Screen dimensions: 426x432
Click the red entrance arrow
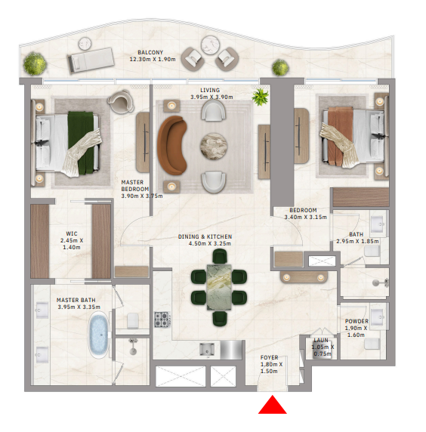[x=272, y=405]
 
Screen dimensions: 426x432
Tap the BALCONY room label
[x=150, y=52]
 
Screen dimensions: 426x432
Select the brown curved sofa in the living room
[x=171, y=145]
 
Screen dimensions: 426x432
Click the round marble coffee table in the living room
[x=214, y=146]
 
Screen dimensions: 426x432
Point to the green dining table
[x=219, y=287]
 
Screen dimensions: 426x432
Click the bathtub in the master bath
[x=98, y=335]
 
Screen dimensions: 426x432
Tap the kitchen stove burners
[x=162, y=319]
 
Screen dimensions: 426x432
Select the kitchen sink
[x=207, y=350]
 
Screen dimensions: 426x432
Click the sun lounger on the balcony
[x=91, y=60]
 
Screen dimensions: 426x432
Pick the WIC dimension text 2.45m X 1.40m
[x=72, y=244]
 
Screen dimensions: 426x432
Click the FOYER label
[x=269, y=357]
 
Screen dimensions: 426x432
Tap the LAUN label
[x=321, y=341]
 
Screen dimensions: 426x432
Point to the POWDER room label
[x=357, y=321]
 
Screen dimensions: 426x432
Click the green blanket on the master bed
[x=81, y=143]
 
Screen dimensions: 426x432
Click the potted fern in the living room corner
[x=260, y=97]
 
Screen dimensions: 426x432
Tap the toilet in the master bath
[x=133, y=320]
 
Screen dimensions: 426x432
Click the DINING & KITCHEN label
[x=205, y=236]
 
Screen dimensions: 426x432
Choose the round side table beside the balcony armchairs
[x=211, y=45]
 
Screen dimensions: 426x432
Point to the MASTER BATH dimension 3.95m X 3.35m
[x=79, y=307]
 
